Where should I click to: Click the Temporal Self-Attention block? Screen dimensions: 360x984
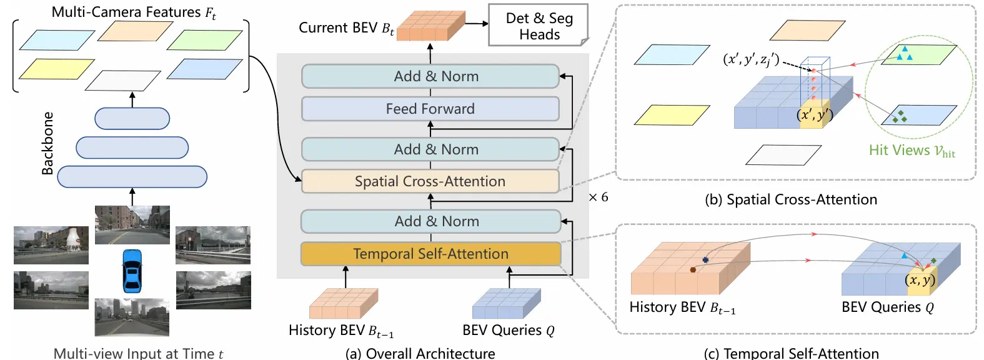[x=430, y=254]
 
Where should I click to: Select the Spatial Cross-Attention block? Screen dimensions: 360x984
[x=430, y=181]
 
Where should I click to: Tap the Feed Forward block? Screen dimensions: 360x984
[x=430, y=109]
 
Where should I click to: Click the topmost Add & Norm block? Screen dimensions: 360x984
[x=430, y=76]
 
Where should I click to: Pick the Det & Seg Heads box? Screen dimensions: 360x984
[x=539, y=26]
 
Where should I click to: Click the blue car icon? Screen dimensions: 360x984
[x=132, y=271]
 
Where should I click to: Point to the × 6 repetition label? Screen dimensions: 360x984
[x=598, y=197]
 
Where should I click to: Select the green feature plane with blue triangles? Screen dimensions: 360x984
[x=918, y=55]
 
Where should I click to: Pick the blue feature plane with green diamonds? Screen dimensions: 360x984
[x=918, y=115]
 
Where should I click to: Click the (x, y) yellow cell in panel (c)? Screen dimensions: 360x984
[x=920, y=281]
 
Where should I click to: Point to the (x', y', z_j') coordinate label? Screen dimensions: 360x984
[x=751, y=59]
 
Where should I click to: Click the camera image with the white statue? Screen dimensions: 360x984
[x=51, y=245]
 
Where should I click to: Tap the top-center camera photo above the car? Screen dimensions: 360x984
[x=132, y=224]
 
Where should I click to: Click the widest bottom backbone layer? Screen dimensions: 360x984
[x=132, y=176]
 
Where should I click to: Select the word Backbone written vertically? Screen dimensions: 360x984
[x=47, y=143]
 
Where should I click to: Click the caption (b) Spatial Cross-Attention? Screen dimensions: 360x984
[x=790, y=199]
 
